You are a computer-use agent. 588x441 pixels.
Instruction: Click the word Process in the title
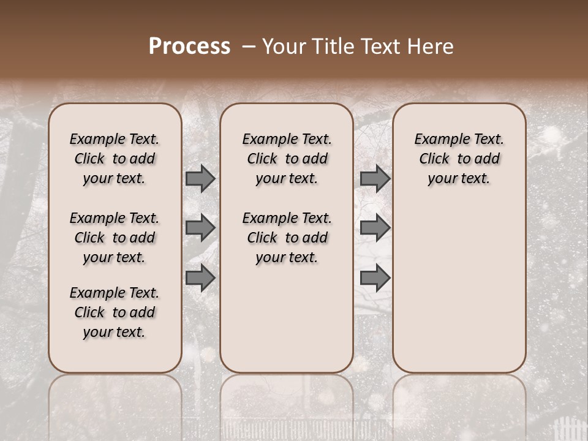click(x=189, y=47)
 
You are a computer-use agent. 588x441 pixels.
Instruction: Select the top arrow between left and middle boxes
click(x=200, y=178)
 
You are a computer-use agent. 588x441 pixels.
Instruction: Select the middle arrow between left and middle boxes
click(x=200, y=228)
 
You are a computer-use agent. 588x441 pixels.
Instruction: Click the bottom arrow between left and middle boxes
click(x=200, y=277)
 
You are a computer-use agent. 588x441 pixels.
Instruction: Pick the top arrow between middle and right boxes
click(x=375, y=178)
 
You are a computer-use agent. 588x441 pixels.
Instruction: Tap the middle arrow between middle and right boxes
click(x=375, y=228)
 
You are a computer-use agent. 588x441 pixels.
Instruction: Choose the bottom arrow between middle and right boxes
click(x=375, y=277)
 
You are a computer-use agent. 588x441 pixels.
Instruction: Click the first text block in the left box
click(x=114, y=159)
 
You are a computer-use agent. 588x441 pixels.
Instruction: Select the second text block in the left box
click(x=114, y=238)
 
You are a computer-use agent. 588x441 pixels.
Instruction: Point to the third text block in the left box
click(x=114, y=312)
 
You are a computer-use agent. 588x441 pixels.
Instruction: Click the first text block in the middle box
click(x=287, y=159)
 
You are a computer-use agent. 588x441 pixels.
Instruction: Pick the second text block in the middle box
click(x=287, y=238)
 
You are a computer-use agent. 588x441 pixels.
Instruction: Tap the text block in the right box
click(x=459, y=159)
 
